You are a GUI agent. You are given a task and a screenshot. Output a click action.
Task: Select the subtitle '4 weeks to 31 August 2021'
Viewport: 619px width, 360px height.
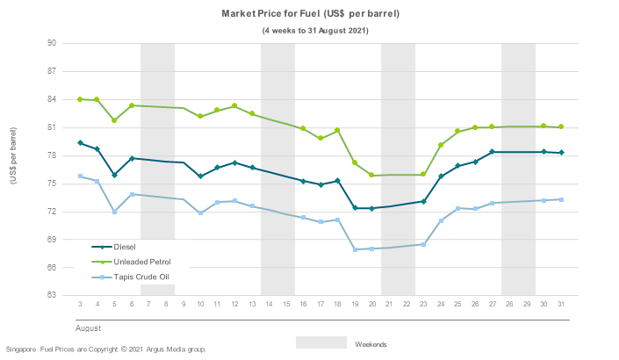click(315, 31)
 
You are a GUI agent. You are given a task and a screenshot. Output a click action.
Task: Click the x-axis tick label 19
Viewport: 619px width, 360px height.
click(355, 305)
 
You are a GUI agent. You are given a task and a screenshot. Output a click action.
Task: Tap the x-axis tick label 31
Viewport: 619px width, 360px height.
click(561, 305)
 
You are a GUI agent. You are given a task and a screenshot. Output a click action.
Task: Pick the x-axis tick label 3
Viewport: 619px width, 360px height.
click(80, 305)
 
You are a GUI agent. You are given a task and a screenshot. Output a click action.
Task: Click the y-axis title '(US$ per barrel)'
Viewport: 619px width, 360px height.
click(14, 169)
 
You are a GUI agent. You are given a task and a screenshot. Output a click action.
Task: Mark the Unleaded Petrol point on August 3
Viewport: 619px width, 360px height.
click(80, 99)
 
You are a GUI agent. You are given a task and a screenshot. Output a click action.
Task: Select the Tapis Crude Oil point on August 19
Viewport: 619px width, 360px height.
click(355, 249)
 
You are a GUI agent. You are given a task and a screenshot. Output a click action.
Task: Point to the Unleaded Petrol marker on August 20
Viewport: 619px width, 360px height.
click(371, 176)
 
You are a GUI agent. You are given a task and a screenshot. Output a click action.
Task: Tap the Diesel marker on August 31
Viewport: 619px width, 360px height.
click(561, 153)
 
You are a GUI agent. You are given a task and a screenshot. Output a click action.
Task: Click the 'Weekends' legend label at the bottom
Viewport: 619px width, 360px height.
click(371, 344)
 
